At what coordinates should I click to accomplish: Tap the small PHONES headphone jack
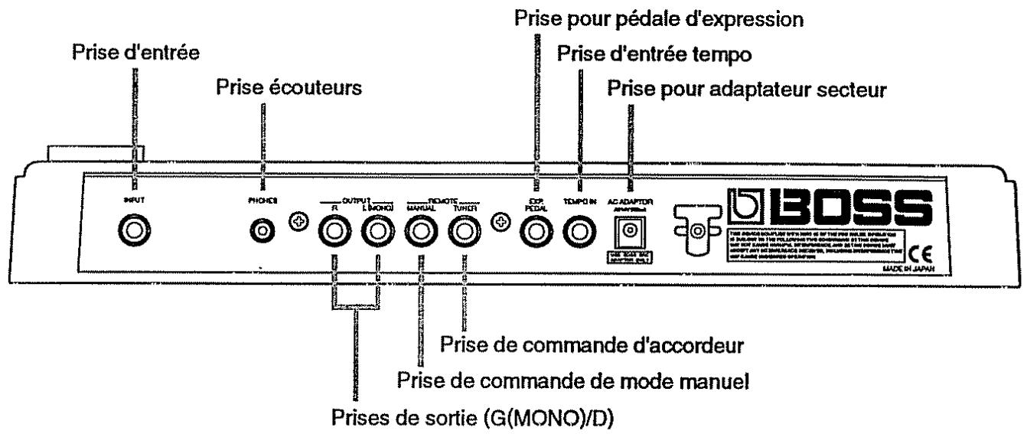(x=265, y=230)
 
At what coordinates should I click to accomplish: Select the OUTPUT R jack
(x=334, y=230)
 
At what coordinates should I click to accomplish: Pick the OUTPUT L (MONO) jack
(x=378, y=230)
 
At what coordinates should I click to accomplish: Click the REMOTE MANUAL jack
(x=420, y=230)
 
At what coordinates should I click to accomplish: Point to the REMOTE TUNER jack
(x=464, y=230)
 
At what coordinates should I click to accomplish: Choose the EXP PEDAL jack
(x=535, y=230)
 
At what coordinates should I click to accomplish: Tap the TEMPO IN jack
(x=579, y=230)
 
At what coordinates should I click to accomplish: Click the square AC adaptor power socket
(x=630, y=229)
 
